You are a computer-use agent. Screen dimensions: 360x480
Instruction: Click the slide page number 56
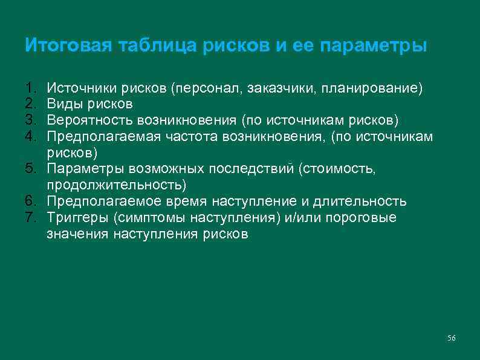[x=451, y=338]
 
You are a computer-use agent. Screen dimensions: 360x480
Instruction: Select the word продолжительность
[x=114, y=185]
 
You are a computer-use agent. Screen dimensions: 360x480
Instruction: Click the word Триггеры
[x=75, y=217]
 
